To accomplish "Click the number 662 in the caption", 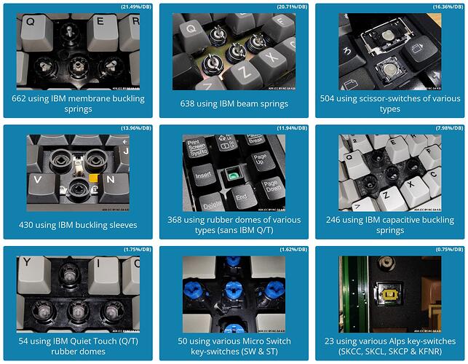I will (22, 98).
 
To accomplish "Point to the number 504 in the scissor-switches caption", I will (328, 98).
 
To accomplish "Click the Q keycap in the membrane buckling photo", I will (31, 22).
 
